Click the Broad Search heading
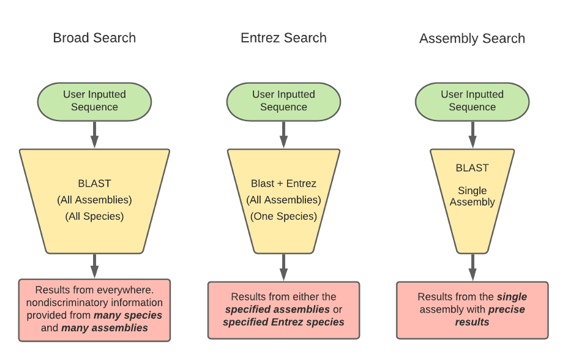(x=94, y=38)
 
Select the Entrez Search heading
(x=283, y=38)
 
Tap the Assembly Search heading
(x=472, y=39)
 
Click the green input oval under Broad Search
(x=94, y=101)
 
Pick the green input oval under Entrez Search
(x=283, y=101)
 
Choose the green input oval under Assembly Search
(x=472, y=101)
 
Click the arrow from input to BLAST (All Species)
(x=94, y=134)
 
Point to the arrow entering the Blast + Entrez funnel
(x=283, y=134)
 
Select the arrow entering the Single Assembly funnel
(x=472, y=134)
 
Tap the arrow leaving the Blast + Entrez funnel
(x=283, y=267)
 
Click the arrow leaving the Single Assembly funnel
(x=472, y=267)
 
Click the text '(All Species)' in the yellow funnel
(x=94, y=216)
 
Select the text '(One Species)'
(x=283, y=216)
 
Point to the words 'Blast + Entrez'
(x=283, y=184)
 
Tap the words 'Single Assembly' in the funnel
(x=472, y=197)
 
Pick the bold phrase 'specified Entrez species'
(x=283, y=322)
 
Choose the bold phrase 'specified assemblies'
(x=277, y=309)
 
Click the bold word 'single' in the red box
(x=512, y=297)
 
